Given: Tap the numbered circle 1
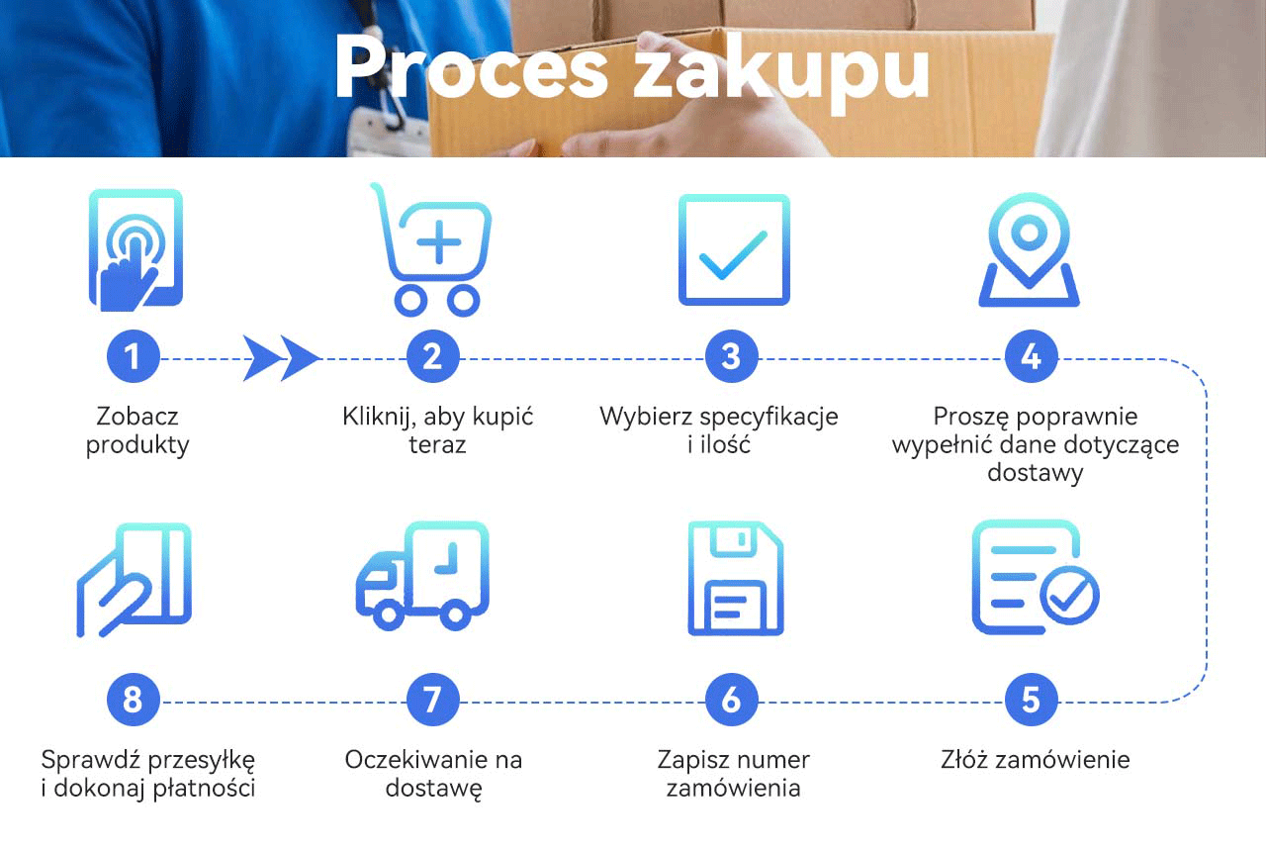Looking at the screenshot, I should coord(133,357).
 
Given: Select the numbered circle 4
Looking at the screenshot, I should coord(1031,357).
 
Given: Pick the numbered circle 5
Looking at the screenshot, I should coord(1031,701).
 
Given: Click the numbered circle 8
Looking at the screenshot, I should coord(133,701).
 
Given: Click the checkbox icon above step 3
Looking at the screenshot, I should coord(733,249).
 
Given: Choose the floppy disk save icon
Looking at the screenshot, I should coord(734,580).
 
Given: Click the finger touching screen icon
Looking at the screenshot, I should coord(136,250).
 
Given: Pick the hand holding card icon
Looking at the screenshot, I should coord(135,580).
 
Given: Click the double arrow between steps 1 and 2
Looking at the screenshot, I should coord(282,357).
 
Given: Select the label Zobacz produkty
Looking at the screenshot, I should coord(137,430).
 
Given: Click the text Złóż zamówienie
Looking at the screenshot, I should coord(1035,760).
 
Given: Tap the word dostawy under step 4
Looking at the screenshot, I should coord(1035,473).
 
